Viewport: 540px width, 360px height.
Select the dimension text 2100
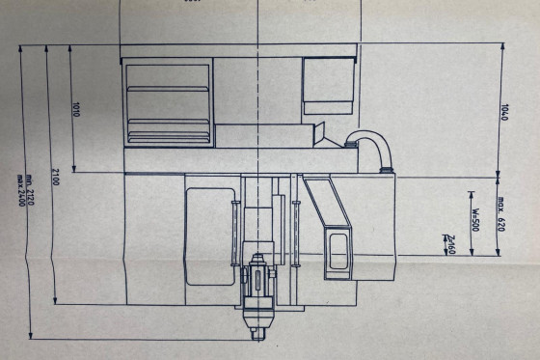pyautogui.click(x=57, y=177)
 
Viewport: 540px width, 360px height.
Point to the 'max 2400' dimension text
pyautogui.click(x=21, y=182)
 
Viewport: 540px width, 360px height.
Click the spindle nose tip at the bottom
pyautogui.click(x=257, y=335)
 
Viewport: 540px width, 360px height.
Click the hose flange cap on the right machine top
pyautogui.click(x=390, y=170)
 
